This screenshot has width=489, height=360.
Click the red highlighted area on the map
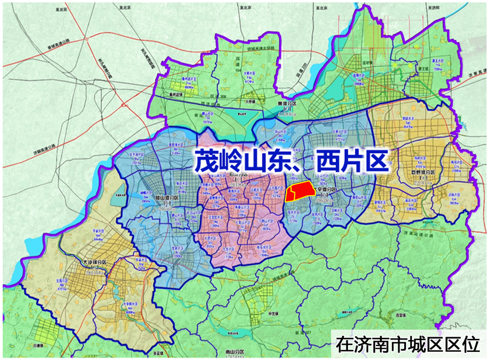click(298, 192)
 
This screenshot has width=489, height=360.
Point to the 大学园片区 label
click(131, 304)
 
